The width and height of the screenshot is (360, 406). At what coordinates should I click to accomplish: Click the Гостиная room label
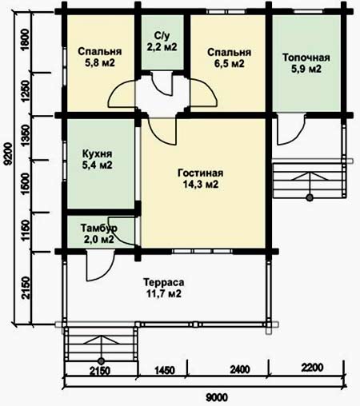[200, 173]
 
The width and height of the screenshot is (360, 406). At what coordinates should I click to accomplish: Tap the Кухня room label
[97, 153]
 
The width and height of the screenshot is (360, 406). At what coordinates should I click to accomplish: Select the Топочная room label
[306, 58]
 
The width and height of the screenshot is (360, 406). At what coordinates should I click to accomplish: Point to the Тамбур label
[99, 228]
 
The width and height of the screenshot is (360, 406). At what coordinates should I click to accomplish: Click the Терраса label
[163, 282]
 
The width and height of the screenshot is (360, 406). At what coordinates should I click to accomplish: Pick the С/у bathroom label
[162, 35]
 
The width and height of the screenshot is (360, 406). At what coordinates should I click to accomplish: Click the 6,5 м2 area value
[230, 64]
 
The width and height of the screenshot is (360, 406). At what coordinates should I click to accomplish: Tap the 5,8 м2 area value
[100, 63]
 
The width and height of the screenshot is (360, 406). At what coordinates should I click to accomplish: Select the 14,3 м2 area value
[201, 185]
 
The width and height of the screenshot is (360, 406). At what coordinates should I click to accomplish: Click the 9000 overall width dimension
[217, 398]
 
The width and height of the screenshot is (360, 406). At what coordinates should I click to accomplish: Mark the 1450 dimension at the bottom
[165, 370]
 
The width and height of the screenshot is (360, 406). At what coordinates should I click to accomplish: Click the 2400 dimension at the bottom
[240, 369]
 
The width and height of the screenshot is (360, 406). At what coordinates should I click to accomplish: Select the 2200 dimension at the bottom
[312, 368]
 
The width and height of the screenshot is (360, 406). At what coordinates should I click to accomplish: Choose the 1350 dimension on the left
[26, 136]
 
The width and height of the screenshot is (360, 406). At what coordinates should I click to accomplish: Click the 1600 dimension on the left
[26, 184]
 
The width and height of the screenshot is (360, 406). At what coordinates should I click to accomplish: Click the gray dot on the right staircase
[310, 197]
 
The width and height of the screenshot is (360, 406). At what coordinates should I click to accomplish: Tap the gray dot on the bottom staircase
[101, 361]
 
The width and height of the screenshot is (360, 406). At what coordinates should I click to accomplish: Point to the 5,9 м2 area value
[306, 69]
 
